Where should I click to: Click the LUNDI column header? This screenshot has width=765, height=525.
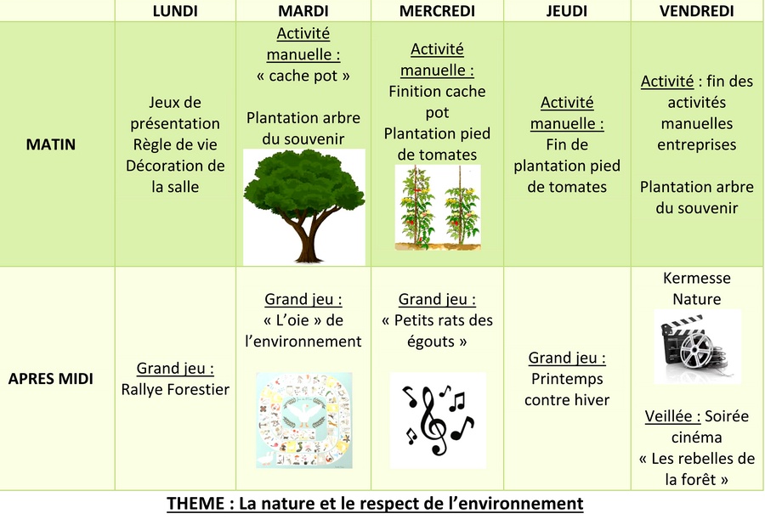(x=175, y=11)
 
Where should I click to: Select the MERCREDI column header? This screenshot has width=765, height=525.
(x=437, y=11)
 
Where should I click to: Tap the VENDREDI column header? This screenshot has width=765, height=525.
(x=697, y=11)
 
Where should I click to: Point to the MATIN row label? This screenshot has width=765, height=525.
(x=51, y=144)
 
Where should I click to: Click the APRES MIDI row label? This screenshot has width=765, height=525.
(x=51, y=379)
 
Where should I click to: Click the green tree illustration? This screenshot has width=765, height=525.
(x=304, y=206)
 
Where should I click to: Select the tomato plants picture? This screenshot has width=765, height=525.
(x=438, y=207)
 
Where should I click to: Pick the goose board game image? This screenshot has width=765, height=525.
(x=304, y=421)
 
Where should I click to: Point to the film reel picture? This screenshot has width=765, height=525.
(x=697, y=347)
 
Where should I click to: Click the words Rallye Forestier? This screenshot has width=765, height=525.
(x=175, y=389)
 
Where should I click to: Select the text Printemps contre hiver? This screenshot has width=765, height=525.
(x=567, y=389)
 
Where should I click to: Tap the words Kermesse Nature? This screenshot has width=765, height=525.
(x=697, y=289)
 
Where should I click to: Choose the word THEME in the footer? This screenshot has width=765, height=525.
(x=195, y=503)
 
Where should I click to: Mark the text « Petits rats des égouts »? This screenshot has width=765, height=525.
(x=437, y=330)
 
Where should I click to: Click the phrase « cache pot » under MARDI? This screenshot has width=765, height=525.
(x=303, y=76)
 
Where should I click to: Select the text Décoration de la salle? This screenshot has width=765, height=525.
(x=175, y=176)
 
